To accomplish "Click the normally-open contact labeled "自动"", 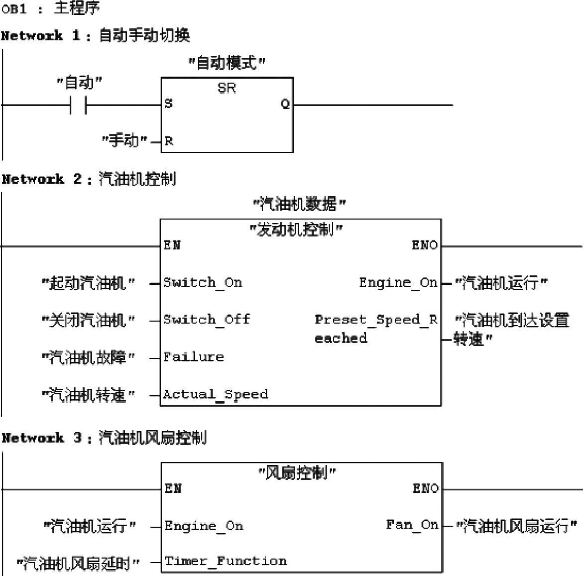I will pos(78,105).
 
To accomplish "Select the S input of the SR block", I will pos(168,104).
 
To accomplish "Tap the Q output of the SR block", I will pos(285,104).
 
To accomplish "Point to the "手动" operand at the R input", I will pos(125,141).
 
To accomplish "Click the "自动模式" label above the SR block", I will pos(227,63).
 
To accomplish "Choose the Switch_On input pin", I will pos(203,283).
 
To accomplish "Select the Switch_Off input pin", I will pos(207,320).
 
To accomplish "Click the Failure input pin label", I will pos(194,357).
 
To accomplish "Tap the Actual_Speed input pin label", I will pos(216,394).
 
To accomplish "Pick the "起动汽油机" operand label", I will pos(89,283).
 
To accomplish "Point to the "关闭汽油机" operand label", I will pos(89,320).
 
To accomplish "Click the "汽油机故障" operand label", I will pos(89,357).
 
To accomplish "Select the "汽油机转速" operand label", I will pos(89,395).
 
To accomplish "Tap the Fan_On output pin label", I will pos(412,525).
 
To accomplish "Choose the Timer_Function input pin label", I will pos(226,562).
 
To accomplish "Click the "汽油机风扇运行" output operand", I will pos(516,526).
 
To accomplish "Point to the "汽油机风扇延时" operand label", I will pos(78,563).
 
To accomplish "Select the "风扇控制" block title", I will pos(297,472).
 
